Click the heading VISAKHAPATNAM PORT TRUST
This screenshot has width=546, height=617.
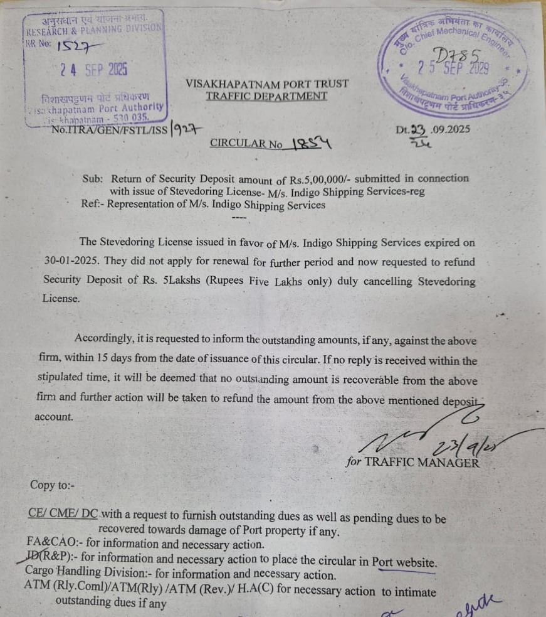click(266, 83)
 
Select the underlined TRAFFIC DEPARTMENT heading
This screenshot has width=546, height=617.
click(266, 96)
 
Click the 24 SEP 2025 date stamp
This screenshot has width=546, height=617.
click(94, 69)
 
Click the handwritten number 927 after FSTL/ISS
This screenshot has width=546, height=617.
click(187, 129)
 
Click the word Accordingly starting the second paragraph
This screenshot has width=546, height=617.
click(103, 338)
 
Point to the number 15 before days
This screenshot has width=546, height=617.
click(104, 360)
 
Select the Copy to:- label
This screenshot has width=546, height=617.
click(51, 485)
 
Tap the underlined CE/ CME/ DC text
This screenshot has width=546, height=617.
click(63, 513)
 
